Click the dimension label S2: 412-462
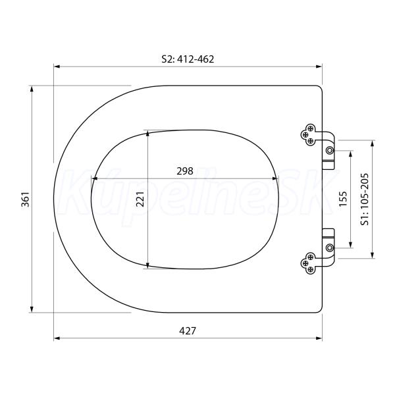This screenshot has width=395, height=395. [188, 59]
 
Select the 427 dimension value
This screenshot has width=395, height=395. [188, 330]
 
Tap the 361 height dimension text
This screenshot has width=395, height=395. [26, 199]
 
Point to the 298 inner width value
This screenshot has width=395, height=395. [185, 171]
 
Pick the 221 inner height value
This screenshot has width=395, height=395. [140, 199]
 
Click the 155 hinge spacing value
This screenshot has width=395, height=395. [343, 199]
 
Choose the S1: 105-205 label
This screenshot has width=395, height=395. [365, 199]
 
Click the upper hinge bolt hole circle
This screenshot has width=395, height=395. [330, 151]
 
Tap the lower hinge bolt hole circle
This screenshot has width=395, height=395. [330, 248]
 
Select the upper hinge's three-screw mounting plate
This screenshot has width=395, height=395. [309, 134]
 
